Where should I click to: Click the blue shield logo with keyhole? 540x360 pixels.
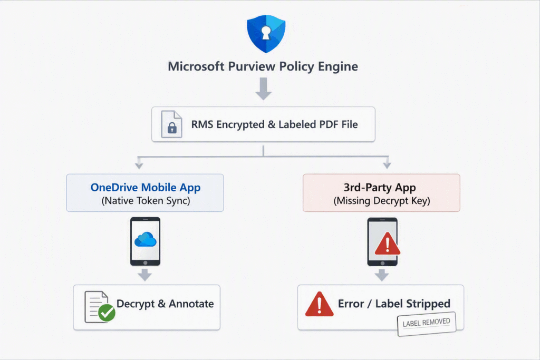(266, 34)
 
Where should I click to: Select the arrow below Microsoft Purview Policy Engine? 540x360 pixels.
(264, 89)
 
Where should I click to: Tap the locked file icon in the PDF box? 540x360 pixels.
(171, 124)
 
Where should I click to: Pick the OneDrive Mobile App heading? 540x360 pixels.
(146, 187)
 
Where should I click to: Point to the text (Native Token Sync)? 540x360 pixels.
(146, 201)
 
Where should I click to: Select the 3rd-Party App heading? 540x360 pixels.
(380, 187)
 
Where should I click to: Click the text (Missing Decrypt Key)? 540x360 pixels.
(382, 201)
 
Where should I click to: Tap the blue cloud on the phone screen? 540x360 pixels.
(146, 239)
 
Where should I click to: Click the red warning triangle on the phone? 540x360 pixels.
(388, 244)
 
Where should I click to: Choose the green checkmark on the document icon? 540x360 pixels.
(107, 313)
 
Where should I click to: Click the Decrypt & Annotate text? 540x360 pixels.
(165, 304)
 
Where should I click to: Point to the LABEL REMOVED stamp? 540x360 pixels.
(426, 323)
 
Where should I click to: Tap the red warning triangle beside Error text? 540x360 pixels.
(319, 304)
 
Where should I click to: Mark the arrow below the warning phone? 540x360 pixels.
(382, 275)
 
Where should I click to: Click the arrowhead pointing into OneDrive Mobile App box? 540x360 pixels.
(139, 166)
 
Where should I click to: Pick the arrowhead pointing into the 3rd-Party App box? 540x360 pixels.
(387, 165)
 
